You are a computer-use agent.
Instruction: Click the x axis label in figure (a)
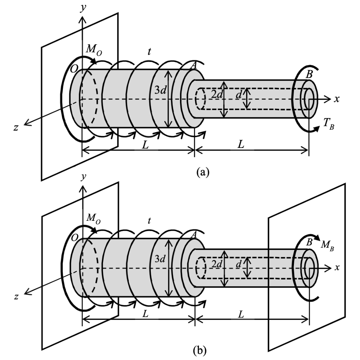(337, 99)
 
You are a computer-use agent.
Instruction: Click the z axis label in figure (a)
(15, 128)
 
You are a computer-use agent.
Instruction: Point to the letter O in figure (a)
(74, 70)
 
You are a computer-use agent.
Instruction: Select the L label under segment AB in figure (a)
(241, 145)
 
